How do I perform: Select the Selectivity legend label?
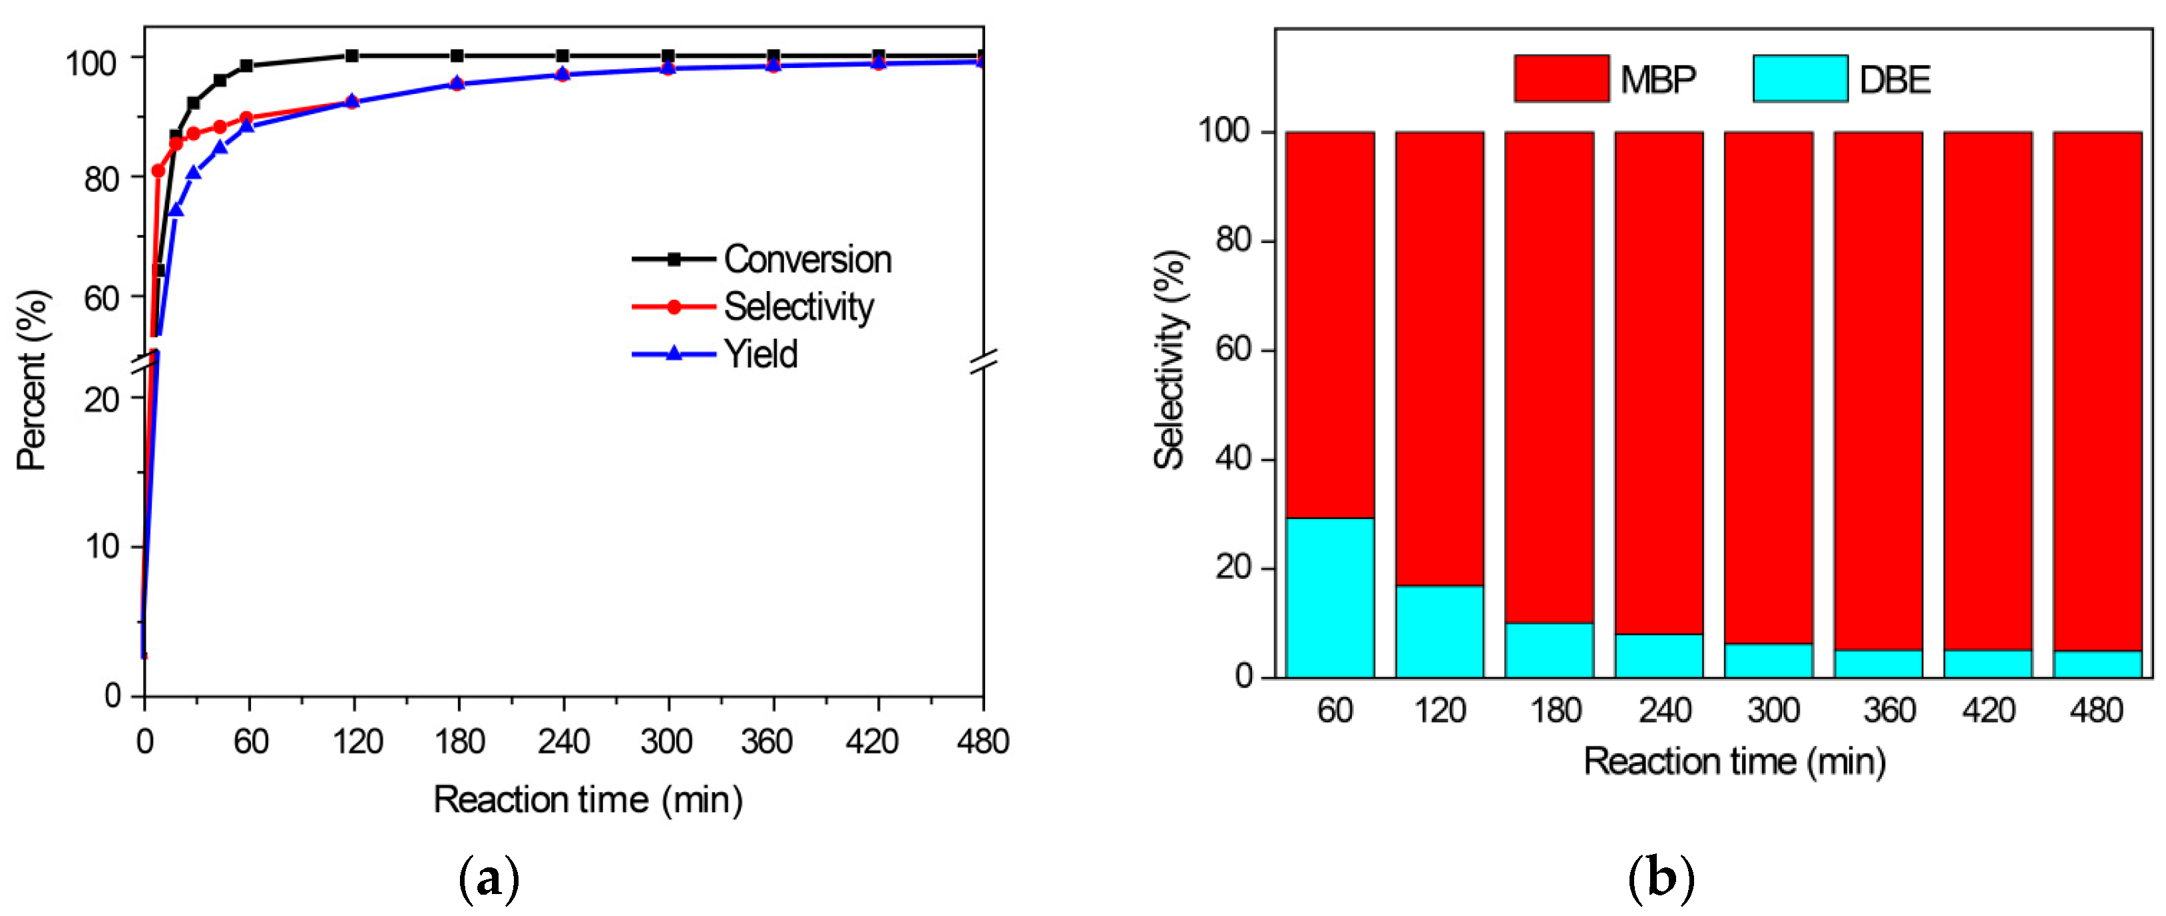(x=798, y=306)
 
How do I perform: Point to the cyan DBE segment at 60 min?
(x=1330, y=597)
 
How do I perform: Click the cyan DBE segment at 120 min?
(x=1440, y=631)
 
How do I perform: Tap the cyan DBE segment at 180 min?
(x=1549, y=650)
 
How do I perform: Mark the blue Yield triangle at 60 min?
(x=247, y=126)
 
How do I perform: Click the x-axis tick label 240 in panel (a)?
(x=563, y=742)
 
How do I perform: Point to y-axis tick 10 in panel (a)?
(x=102, y=547)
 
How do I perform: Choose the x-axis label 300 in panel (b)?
(x=1773, y=711)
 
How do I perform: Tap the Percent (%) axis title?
(x=33, y=380)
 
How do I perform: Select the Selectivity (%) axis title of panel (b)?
(x=1169, y=360)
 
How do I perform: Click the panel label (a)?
(x=489, y=879)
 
